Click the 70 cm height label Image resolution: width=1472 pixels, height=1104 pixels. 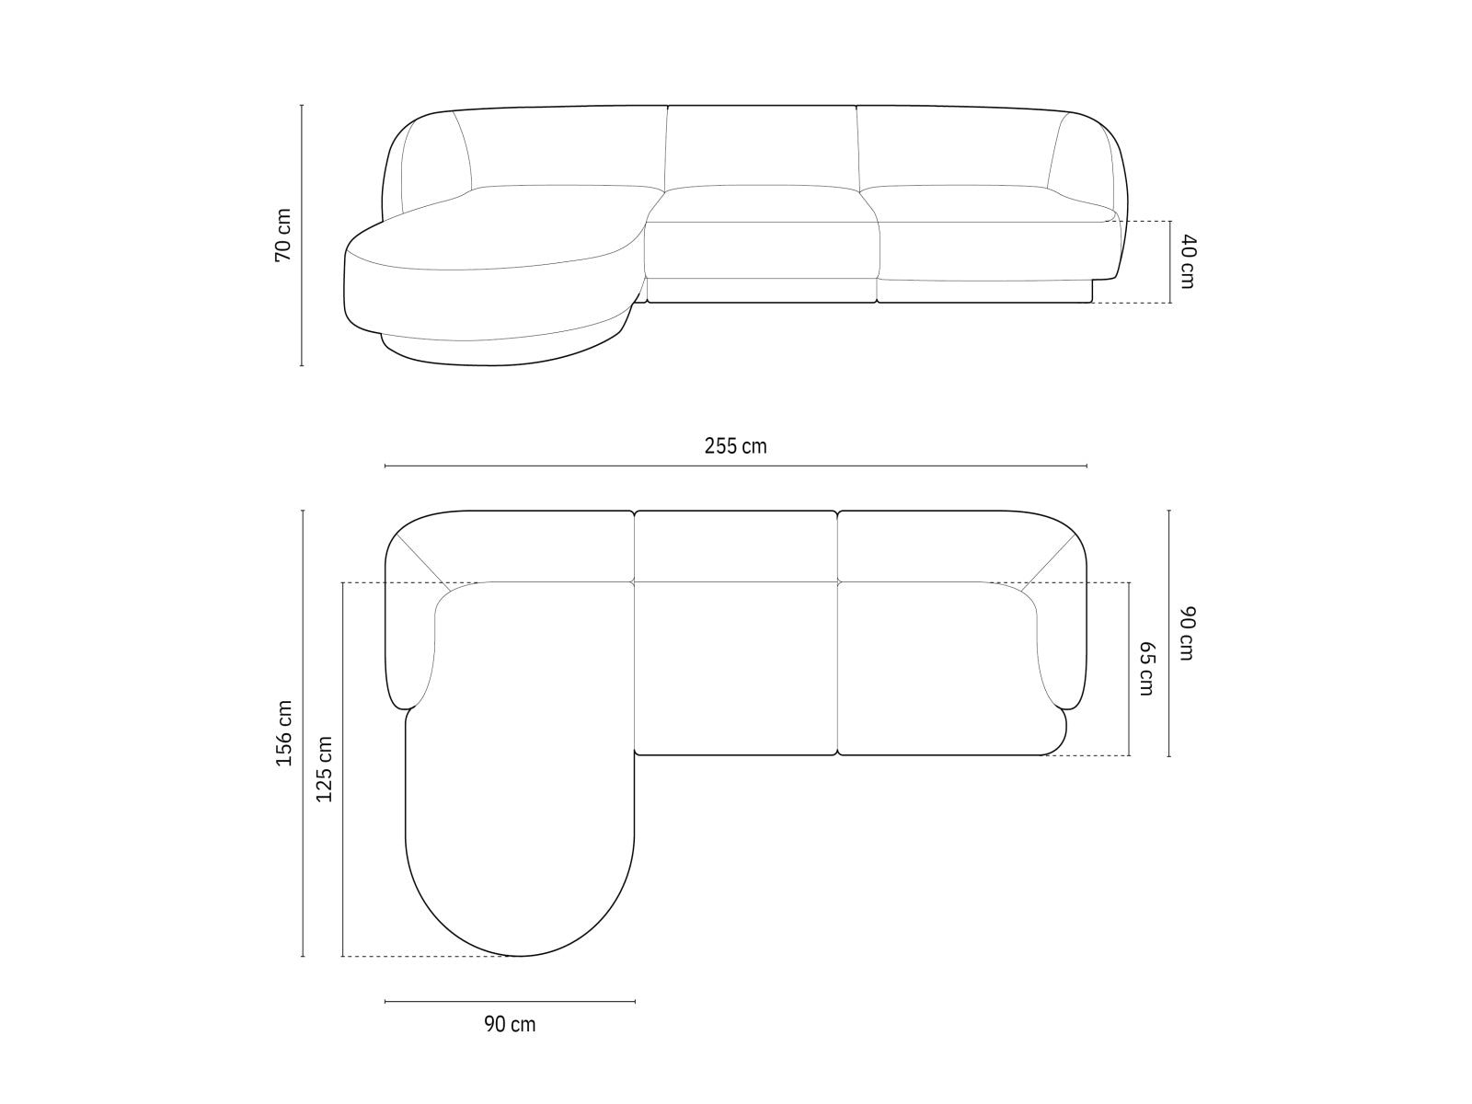point(283,235)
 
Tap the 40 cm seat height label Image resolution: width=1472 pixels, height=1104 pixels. point(1187,261)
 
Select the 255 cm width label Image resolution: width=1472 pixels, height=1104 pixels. point(735,446)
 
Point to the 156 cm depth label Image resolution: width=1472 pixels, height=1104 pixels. point(284,733)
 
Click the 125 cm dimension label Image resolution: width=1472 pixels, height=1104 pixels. point(324,769)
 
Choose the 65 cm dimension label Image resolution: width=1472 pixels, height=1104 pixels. point(1146,669)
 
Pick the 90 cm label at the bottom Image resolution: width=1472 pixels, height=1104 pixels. point(510,1024)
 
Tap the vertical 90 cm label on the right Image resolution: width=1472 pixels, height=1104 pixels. point(1187,633)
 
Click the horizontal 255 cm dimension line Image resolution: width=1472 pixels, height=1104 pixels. point(736,466)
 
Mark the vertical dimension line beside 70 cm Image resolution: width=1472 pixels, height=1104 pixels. point(302,304)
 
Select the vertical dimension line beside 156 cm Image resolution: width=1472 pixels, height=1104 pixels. point(303,828)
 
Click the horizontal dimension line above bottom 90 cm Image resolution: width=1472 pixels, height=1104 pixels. point(510,1001)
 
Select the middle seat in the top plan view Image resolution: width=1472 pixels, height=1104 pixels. point(736,667)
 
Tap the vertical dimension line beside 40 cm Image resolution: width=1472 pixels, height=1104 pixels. point(1170,262)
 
